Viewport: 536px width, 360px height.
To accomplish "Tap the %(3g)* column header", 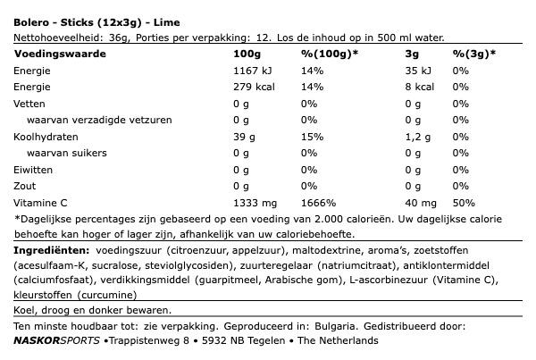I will coord(474,54).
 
